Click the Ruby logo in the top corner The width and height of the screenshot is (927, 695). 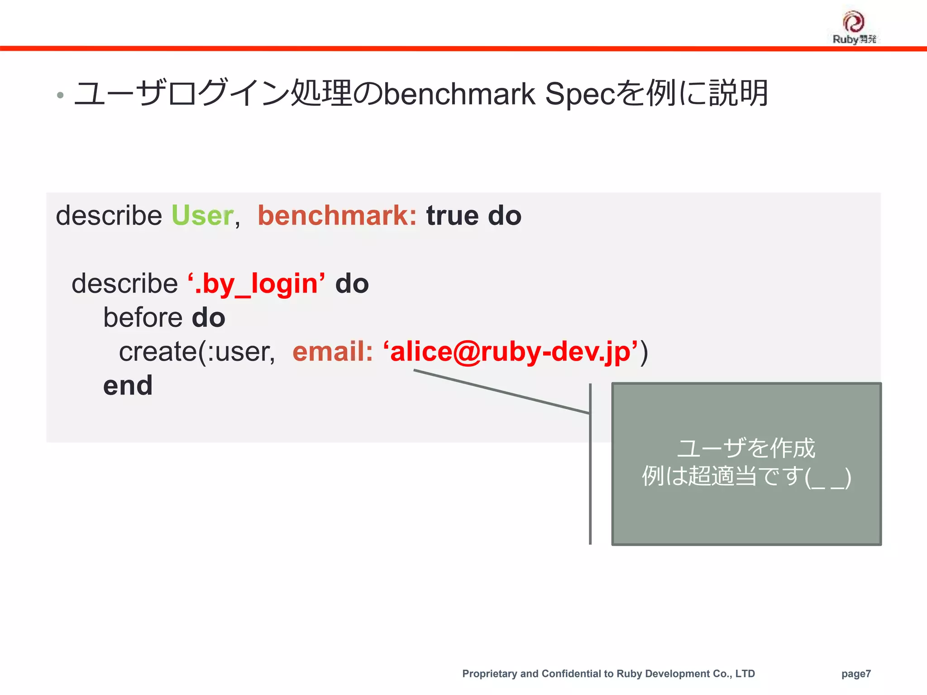[854, 27]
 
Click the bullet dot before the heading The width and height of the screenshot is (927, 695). [60, 95]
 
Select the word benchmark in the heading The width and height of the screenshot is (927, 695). [459, 94]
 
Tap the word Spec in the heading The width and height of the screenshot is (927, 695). [580, 94]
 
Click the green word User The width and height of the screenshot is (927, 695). [202, 215]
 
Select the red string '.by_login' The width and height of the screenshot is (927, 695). [256, 284]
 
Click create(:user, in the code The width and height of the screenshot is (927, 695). [196, 352]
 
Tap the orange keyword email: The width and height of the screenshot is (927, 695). [333, 352]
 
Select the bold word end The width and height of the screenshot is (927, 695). [128, 386]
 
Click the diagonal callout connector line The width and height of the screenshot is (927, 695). [502, 392]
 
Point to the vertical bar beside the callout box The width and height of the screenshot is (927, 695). [590, 464]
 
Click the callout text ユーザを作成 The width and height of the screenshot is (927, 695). [746, 448]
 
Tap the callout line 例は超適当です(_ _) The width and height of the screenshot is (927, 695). [746, 476]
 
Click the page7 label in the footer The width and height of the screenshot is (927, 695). [856, 674]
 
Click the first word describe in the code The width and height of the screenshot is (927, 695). [109, 215]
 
